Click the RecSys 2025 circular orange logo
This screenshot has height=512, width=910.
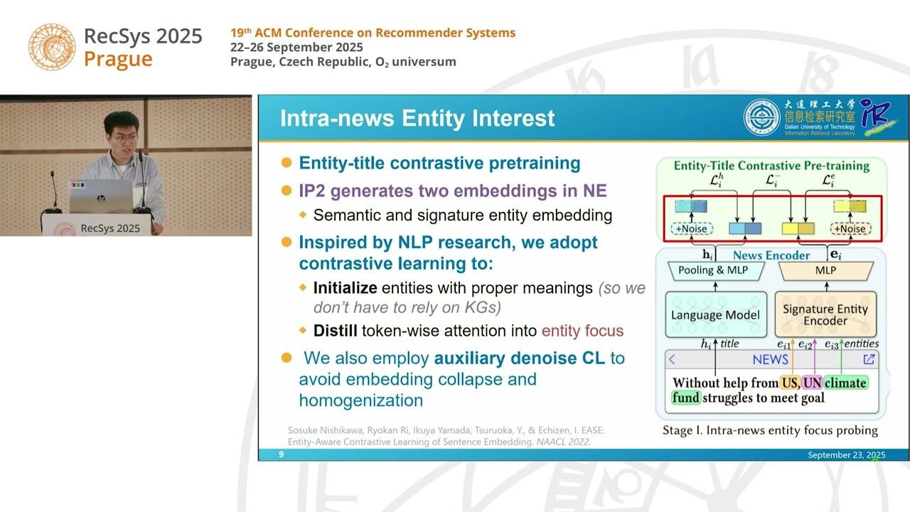52,46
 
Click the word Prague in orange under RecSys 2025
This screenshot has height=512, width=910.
118,60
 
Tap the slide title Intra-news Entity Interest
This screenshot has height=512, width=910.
417,118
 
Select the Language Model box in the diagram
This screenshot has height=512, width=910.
715,315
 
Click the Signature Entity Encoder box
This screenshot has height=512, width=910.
825,315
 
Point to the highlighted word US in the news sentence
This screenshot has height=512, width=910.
789,383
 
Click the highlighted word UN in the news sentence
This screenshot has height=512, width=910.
812,383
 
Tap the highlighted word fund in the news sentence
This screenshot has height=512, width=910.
686,398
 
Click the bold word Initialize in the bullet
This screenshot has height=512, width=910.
345,288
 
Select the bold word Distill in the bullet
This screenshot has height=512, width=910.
336,331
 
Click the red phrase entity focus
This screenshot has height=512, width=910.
582,331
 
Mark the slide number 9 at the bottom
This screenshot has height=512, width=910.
282,454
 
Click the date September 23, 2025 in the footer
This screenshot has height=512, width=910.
846,454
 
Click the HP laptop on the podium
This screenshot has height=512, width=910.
100,196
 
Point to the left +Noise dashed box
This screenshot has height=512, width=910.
690,229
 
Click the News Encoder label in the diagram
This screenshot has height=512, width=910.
771,255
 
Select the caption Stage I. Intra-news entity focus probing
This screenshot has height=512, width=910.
770,430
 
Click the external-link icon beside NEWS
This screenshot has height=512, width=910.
869,359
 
